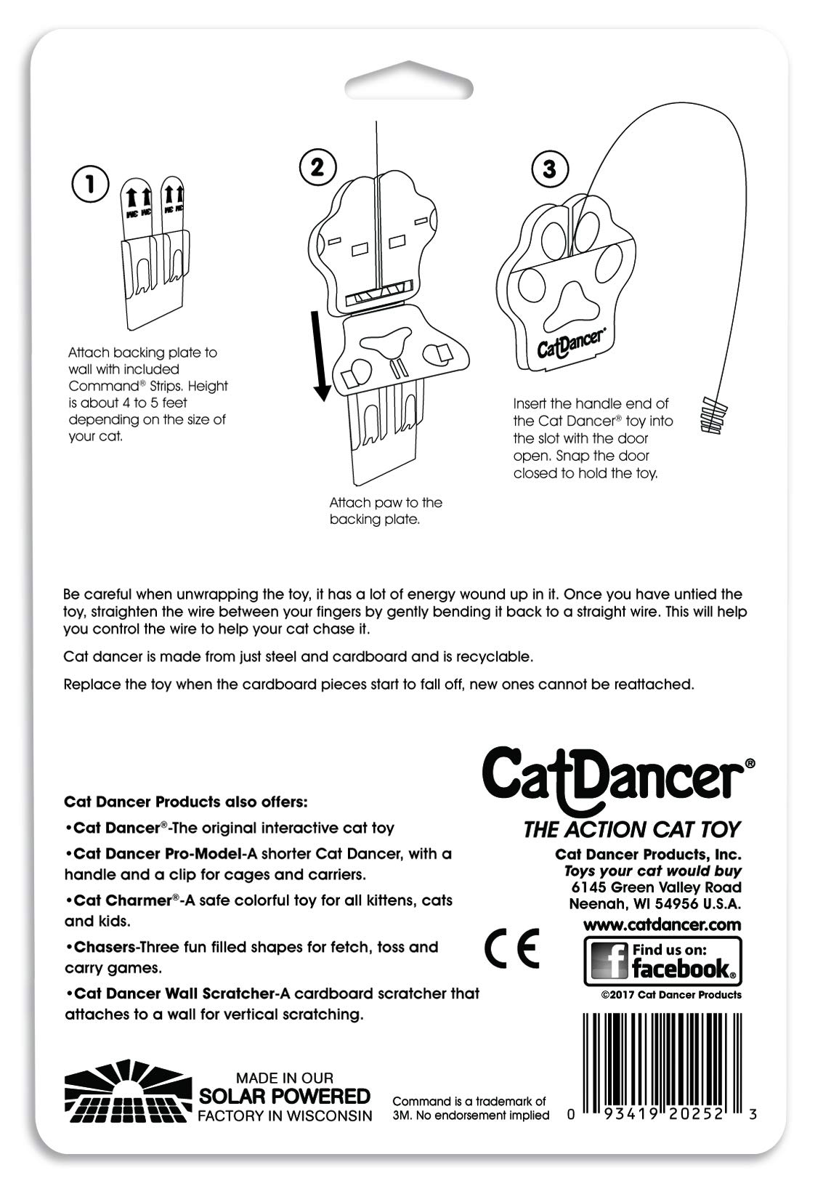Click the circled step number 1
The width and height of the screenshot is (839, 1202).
[91, 185]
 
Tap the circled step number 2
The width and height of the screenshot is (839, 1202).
[317, 167]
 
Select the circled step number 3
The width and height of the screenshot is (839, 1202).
[549, 169]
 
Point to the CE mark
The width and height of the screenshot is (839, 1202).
[512, 948]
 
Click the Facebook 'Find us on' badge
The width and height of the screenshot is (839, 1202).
[662, 960]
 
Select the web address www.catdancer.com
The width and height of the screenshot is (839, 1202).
[662, 924]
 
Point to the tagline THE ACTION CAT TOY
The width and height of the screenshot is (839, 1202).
[632, 829]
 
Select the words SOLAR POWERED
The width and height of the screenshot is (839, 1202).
[285, 1096]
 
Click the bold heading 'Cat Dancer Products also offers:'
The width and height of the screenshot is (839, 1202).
[186, 802]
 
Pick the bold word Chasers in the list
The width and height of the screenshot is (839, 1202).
[105, 947]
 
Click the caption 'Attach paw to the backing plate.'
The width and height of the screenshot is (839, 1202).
[385, 511]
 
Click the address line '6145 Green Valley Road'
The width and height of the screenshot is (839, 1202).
[656, 887]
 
